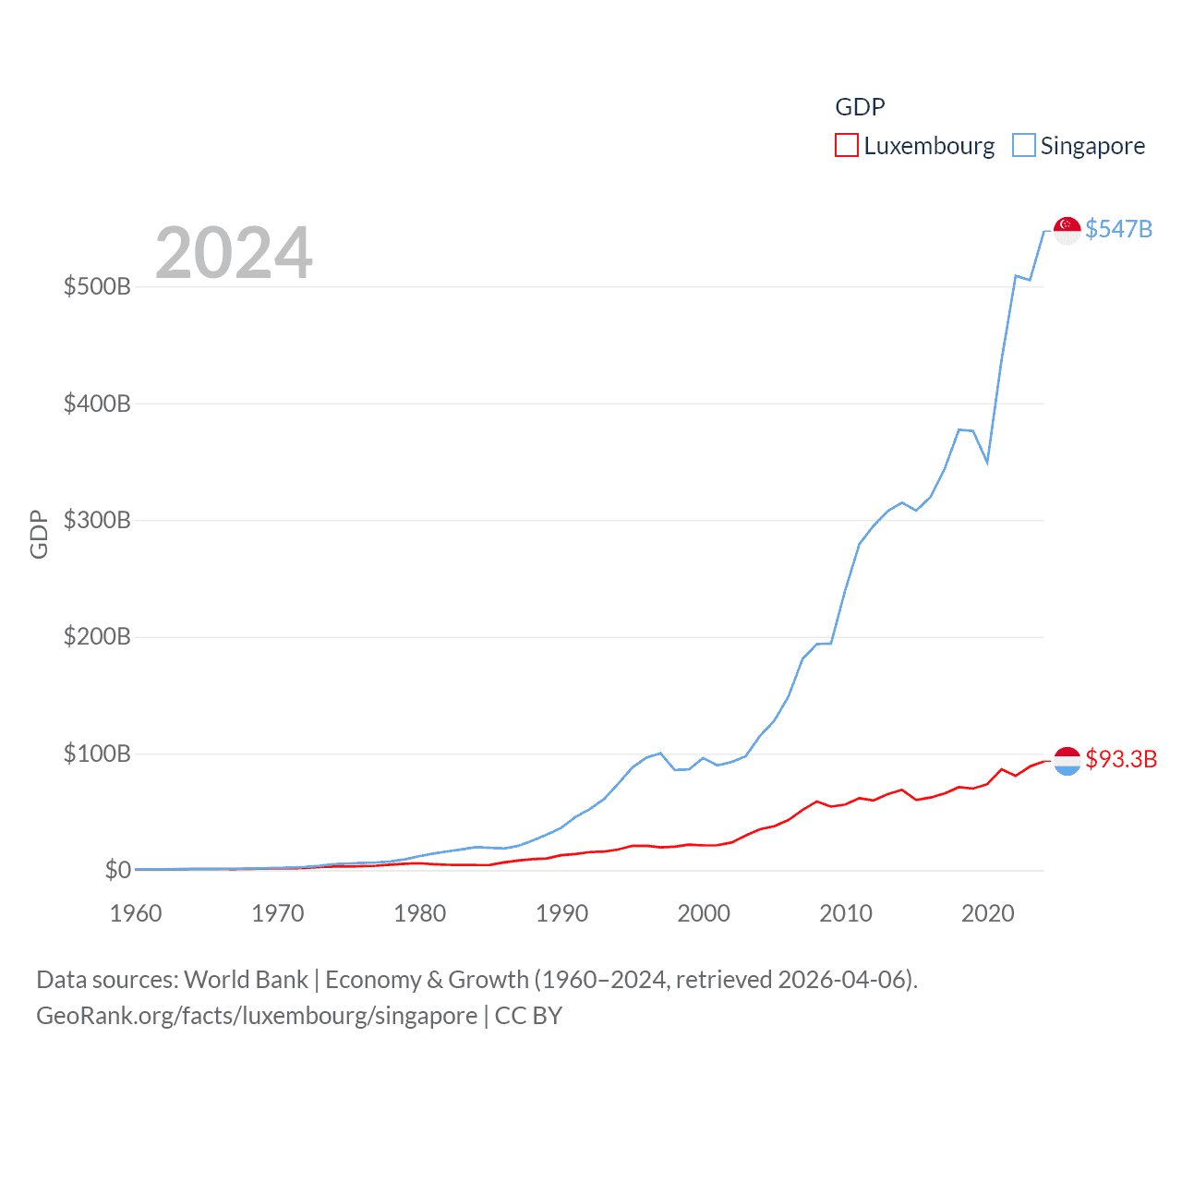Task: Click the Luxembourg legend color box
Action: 846,146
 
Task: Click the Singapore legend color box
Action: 1023,146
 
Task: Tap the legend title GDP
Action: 860,107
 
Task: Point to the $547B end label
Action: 1118,229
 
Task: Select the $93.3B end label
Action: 1121,759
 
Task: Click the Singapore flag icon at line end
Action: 1067,231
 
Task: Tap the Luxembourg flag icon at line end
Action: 1067,761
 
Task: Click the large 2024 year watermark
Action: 234,253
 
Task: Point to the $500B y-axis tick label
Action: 97,286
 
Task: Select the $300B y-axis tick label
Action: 97,520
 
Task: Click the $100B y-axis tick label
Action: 97,754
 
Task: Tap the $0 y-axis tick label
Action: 117,870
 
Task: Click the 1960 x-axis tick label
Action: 136,913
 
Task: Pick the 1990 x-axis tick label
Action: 561,913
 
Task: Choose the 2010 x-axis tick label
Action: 846,913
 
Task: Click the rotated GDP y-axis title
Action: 39,534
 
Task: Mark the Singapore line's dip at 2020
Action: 987,462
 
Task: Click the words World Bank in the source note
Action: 246,980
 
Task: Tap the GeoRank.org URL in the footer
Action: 257,1016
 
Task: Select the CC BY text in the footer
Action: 528,1016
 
